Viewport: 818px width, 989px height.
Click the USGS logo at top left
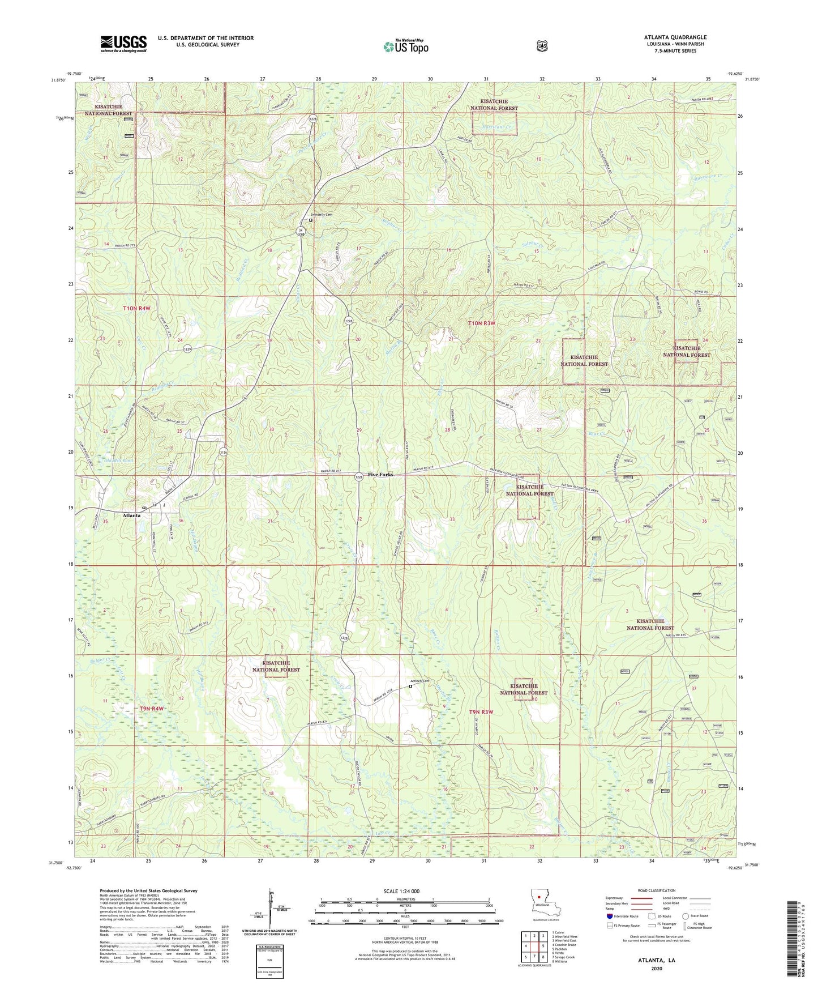point(123,43)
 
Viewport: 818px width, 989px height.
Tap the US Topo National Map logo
point(405,46)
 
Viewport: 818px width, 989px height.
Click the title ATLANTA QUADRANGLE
point(675,37)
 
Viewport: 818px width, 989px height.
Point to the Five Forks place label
point(380,475)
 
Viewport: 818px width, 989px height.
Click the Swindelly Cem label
point(322,215)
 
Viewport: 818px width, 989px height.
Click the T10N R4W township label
point(136,308)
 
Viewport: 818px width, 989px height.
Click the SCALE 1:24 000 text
point(401,891)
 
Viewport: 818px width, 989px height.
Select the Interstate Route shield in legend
point(609,916)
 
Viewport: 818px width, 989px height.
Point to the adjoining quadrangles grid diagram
point(535,948)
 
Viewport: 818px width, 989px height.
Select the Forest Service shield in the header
point(542,46)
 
